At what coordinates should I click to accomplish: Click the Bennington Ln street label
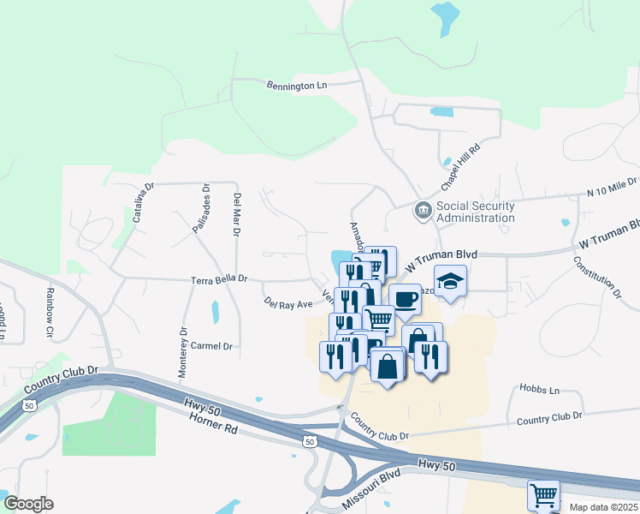297,86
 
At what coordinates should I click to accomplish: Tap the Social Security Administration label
476,212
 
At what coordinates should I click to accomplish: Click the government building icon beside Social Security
423,211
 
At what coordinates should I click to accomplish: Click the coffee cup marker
405,299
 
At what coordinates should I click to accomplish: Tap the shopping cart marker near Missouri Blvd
544,494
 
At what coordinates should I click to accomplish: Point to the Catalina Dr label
142,202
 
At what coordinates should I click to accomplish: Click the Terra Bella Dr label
218,279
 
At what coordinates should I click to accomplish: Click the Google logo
28,504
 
